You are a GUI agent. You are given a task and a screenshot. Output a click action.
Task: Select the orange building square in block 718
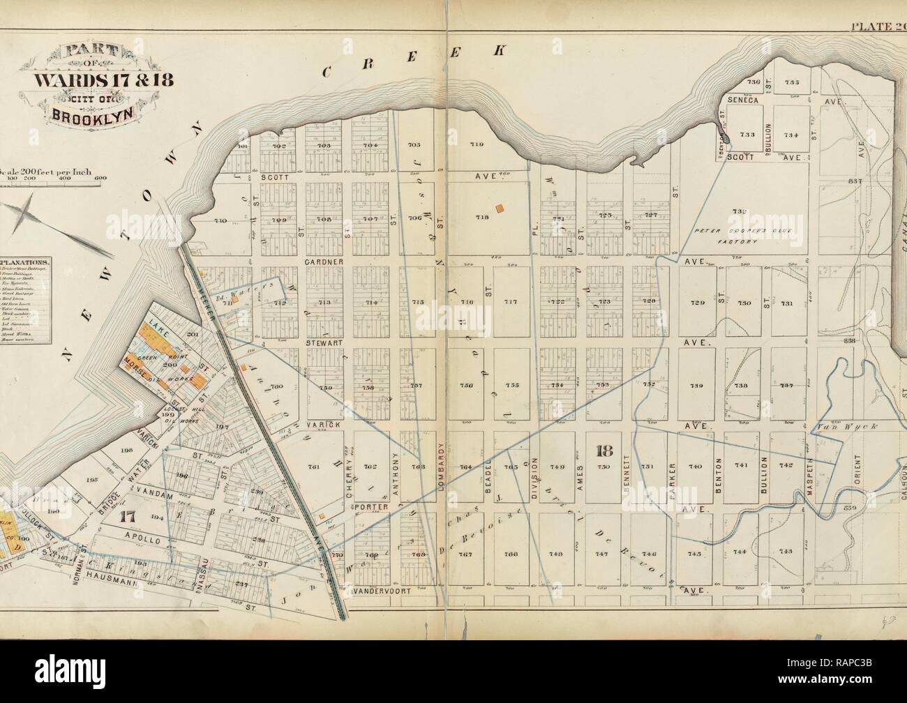click(x=500, y=208)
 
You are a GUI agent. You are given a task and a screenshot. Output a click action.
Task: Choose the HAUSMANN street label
click(x=134, y=576)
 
